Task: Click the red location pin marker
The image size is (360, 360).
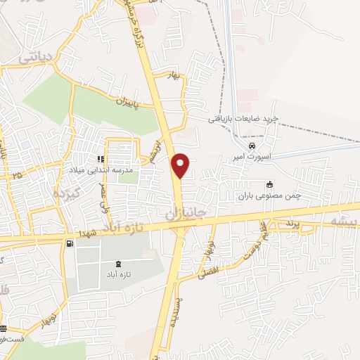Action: pyautogui.click(x=181, y=165)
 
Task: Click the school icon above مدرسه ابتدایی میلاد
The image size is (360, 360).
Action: pyautogui.click(x=101, y=160)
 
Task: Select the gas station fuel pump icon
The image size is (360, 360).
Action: pyautogui.click(x=69, y=244)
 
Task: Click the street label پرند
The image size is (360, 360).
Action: pyautogui.click(x=292, y=224)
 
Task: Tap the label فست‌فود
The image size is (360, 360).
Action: pyautogui.click(x=13, y=338)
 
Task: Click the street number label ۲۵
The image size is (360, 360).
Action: pyautogui.click(x=17, y=174)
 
